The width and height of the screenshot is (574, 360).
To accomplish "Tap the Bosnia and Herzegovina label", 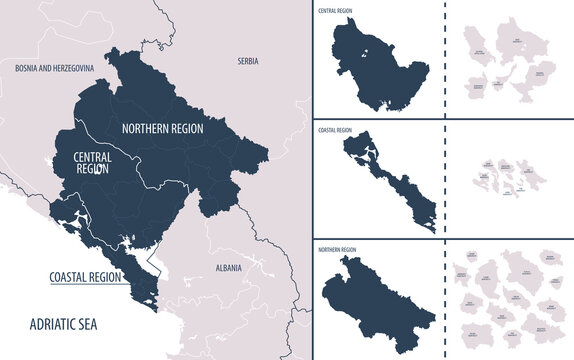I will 54,67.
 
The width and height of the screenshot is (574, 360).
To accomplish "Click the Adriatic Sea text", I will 63,322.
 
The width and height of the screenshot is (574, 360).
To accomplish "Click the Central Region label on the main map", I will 91,163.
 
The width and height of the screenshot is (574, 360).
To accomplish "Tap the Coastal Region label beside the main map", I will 85,277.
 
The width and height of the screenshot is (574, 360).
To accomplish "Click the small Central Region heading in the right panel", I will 337,11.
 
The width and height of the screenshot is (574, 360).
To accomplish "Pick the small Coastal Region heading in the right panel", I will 336,129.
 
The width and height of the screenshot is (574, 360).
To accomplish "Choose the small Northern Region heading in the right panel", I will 338,245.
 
